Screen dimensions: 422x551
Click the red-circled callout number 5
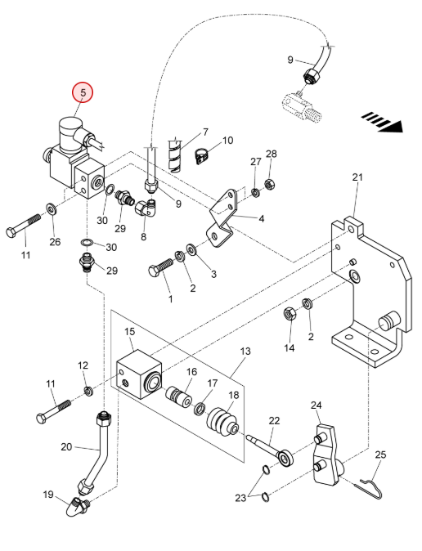point(83,92)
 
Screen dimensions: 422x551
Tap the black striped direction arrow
point(383,122)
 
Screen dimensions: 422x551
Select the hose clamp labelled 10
point(201,156)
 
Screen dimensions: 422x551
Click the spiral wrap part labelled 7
point(175,155)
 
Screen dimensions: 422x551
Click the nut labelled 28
point(269,183)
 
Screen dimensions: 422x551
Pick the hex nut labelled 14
point(290,314)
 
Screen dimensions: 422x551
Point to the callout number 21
point(357,177)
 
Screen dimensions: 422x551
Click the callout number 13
point(245,351)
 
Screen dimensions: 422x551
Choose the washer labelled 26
point(52,209)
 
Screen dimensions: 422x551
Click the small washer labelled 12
point(88,390)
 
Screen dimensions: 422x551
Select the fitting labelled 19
point(78,505)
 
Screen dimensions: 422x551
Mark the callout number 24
point(316,405)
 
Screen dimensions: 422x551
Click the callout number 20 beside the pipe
point(66,447)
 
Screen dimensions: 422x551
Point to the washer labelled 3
point(192,250)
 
